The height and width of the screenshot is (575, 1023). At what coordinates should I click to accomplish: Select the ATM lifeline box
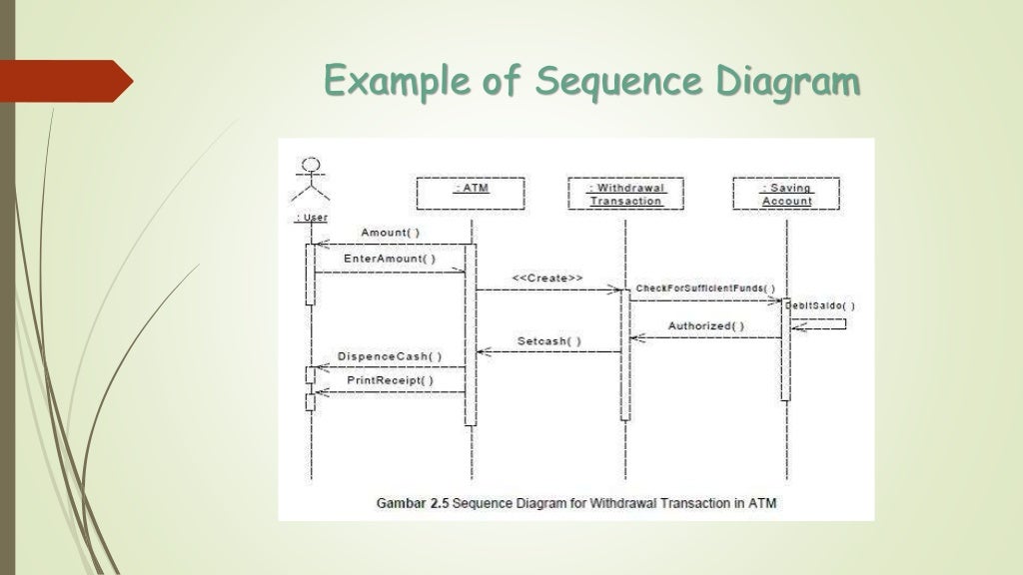coord(470,193)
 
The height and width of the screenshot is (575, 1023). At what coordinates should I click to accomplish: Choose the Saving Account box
coord(786,194)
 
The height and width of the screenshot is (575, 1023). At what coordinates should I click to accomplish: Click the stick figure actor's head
coord(311,164)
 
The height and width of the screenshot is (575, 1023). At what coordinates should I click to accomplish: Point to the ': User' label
coord(311,218)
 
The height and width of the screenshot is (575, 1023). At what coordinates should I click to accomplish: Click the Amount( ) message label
coord(390,233)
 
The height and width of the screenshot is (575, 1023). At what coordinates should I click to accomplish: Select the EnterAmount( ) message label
coord(390,259)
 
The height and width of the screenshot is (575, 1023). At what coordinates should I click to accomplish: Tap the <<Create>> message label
coord(547,278)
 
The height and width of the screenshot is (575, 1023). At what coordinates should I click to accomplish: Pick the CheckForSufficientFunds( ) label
coord(705,288)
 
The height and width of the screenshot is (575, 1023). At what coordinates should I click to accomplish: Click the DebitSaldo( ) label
coord(820,305)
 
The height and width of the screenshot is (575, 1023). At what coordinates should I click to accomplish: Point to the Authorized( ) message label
coord(705,325)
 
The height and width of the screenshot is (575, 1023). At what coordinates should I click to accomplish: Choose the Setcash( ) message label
coord(549,340)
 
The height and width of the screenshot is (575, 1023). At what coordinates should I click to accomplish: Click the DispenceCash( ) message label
coord(389,356)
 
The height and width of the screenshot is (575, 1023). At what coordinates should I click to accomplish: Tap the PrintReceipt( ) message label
coord(390,380)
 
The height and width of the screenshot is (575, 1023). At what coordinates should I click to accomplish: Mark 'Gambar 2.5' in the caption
coord(412,504)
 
